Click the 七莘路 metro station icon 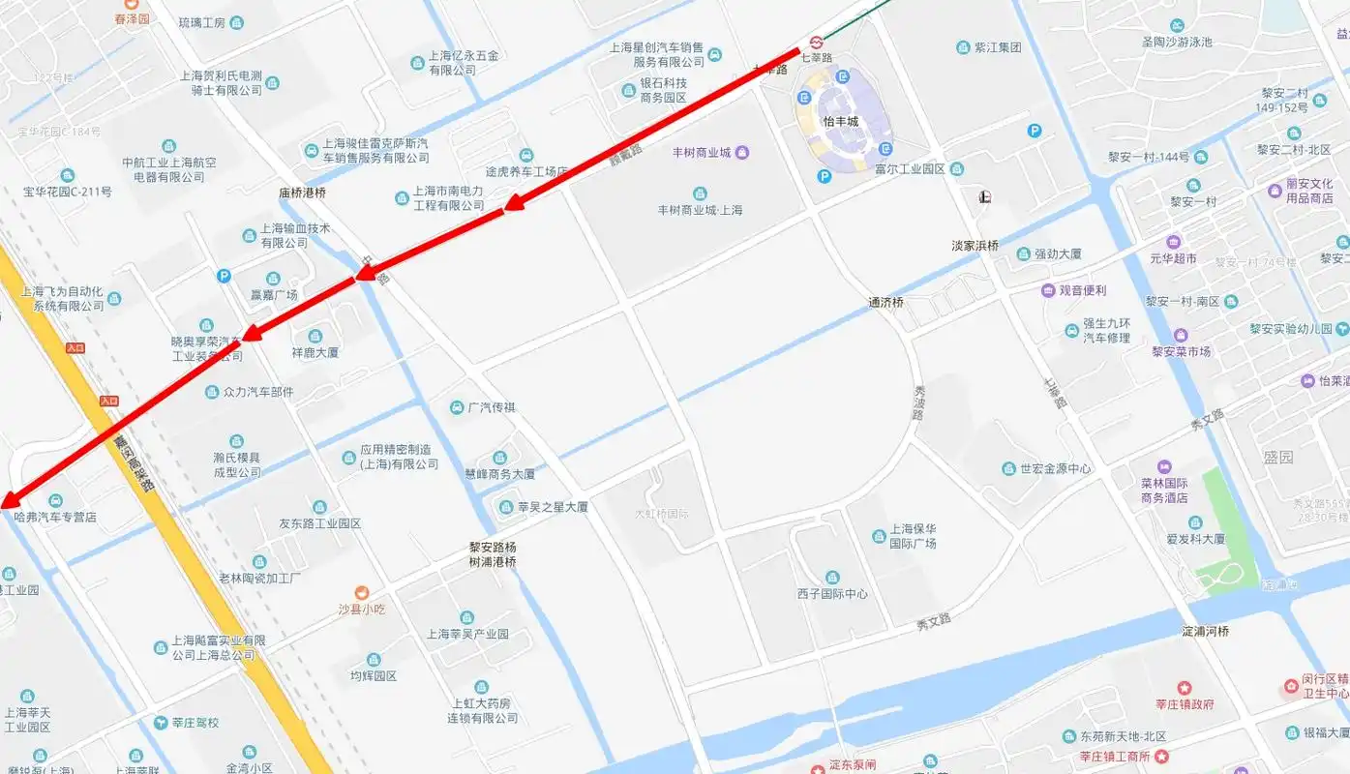click(817, 43)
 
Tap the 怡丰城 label click(840, 122)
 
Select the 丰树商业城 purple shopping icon click(742, 152)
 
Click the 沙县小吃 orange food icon click(361, 592)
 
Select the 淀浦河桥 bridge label click(1206, 632)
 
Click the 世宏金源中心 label click(1055, 469)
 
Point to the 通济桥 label click(885, 303)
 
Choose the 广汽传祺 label click(492, 407)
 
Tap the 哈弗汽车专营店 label click(55, 518)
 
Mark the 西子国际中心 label click(832, 594)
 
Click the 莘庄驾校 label click(195, 723)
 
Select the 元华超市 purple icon click(1174, 242)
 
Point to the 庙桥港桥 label click(303, 193)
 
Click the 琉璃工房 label click(202, 22)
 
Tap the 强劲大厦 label click(1058, 254)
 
